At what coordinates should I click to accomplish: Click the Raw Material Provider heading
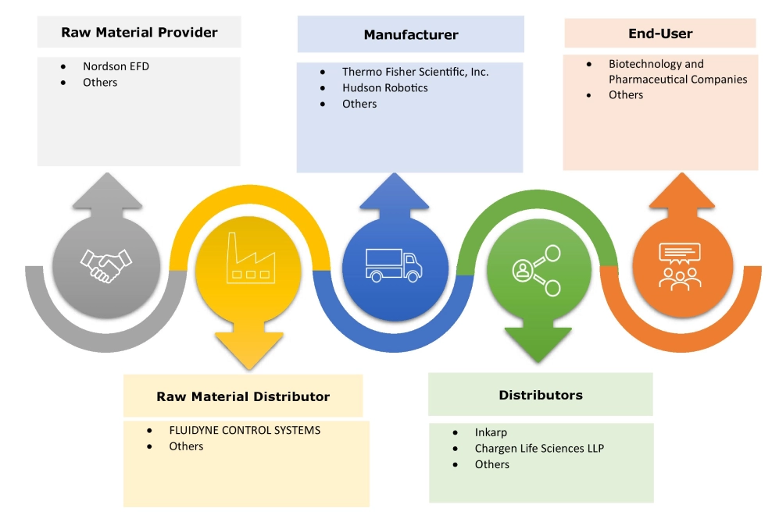pyautogui.click(x=139, y=32)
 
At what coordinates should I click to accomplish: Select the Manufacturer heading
pyautogui.click(x=411, y=34)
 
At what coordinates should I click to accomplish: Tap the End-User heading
pyautogui.click(x=660, y=34)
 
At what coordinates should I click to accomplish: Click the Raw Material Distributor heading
pyautogui.click(x=243, y=396)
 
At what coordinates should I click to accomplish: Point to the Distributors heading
pyautogui.click(x=541, y=395)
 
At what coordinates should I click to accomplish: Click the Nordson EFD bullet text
pyautogui.click(x=116, y=66)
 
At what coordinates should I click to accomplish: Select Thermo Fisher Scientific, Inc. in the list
pyautogui.click(x=415, y=72)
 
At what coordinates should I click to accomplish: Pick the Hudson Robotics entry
pyautogui.click(x=384, y=87)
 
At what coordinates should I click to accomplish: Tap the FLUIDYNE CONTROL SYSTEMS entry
pyautogui.click(x=245, y=430)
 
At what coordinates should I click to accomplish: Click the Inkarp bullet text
pyautogui.click(x=491, y=432)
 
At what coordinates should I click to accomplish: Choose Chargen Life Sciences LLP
pyautogui.click(x=539, y=448)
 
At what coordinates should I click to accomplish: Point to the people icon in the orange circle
pyautogui.click(x=679, y=265)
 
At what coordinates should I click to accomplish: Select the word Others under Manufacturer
pyautogui.click(x=359, y=104)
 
